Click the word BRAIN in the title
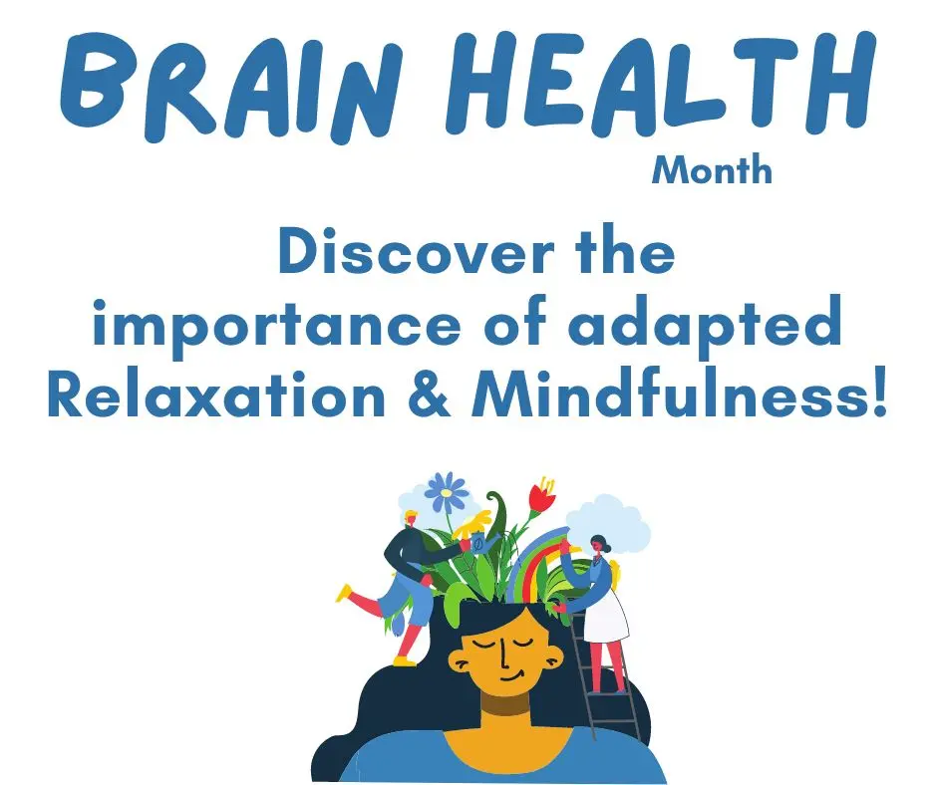pos(230,85)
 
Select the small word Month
pos(712,169)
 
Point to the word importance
pos(277,325)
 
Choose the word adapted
pos(705,325)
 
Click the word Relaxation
pos(215,393)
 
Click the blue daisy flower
pos(447,492)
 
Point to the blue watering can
pos(482,544)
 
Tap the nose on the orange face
pos(503,657)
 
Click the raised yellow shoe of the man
pos(344,593)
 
